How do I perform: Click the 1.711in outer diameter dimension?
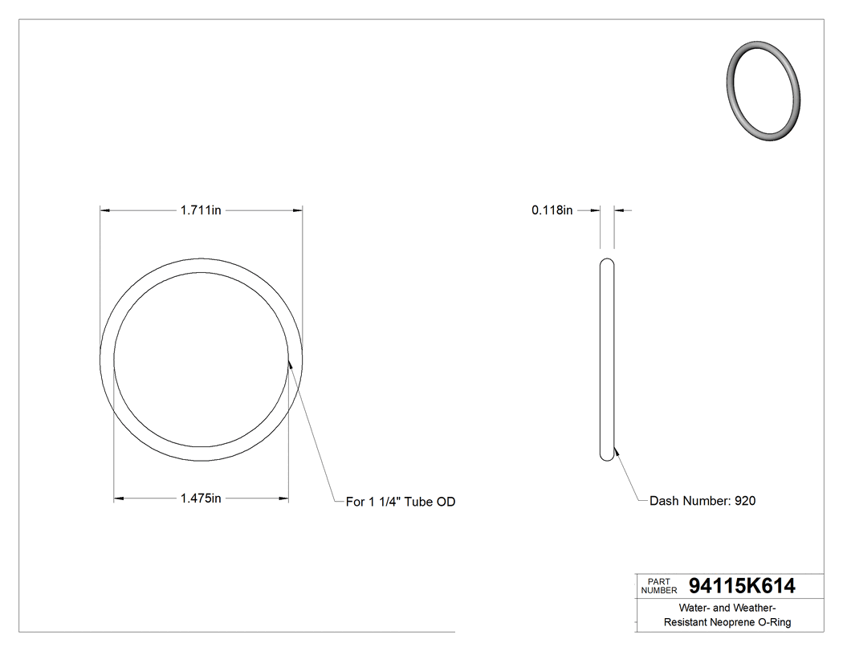(201, 210)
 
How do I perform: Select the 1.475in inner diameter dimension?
(201, 498)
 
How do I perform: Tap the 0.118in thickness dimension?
(552, 210)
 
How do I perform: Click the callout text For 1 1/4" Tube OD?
(401, 502)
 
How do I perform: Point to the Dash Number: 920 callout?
(702, 501)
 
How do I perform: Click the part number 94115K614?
(742, 587)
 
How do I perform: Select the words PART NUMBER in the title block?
(659, 586)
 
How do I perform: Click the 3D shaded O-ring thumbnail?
(764, 90)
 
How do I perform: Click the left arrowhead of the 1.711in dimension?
(104, 210)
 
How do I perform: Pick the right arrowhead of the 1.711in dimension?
(298, 210)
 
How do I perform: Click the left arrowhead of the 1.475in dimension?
(119, 498)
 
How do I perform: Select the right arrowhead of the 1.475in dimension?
(283, 498)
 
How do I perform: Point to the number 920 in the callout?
(745, 501)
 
